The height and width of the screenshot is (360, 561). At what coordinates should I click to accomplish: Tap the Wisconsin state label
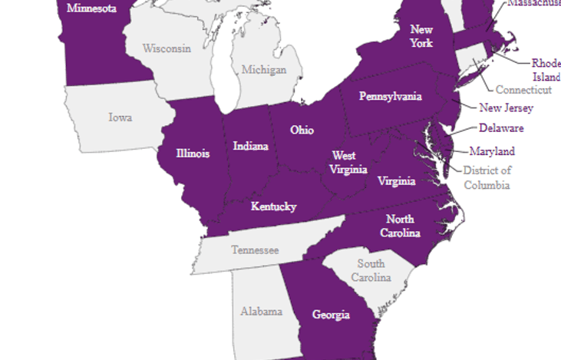[167, 48]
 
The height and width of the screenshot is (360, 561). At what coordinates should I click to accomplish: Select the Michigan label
[263, 70]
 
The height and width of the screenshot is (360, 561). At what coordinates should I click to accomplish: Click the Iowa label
[120, 117]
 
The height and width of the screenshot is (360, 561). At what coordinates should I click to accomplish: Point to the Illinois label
[192, 154]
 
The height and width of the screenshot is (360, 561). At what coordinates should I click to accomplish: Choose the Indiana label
[250, 146]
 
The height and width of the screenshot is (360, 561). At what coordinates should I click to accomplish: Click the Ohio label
[302, 130]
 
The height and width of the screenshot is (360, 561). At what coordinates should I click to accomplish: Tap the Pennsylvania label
[391, 97]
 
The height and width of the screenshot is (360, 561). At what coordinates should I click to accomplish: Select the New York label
[421, 36]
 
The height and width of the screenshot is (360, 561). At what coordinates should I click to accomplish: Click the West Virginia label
[348, 163]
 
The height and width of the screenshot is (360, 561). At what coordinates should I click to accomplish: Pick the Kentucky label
[273, 206]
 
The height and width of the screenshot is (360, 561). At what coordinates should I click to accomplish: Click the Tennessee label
[255, 250]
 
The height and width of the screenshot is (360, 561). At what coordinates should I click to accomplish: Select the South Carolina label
[371, 270]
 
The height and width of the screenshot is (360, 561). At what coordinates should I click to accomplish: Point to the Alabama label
[261, 312]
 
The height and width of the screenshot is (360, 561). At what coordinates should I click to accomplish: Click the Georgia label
[331, 315]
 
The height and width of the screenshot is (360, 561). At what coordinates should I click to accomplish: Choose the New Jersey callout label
[506, 108]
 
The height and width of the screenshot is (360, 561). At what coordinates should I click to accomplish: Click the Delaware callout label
[501, 128]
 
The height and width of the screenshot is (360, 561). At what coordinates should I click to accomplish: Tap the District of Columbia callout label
[487, 177]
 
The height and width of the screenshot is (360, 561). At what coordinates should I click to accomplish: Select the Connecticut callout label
[523, 90]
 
